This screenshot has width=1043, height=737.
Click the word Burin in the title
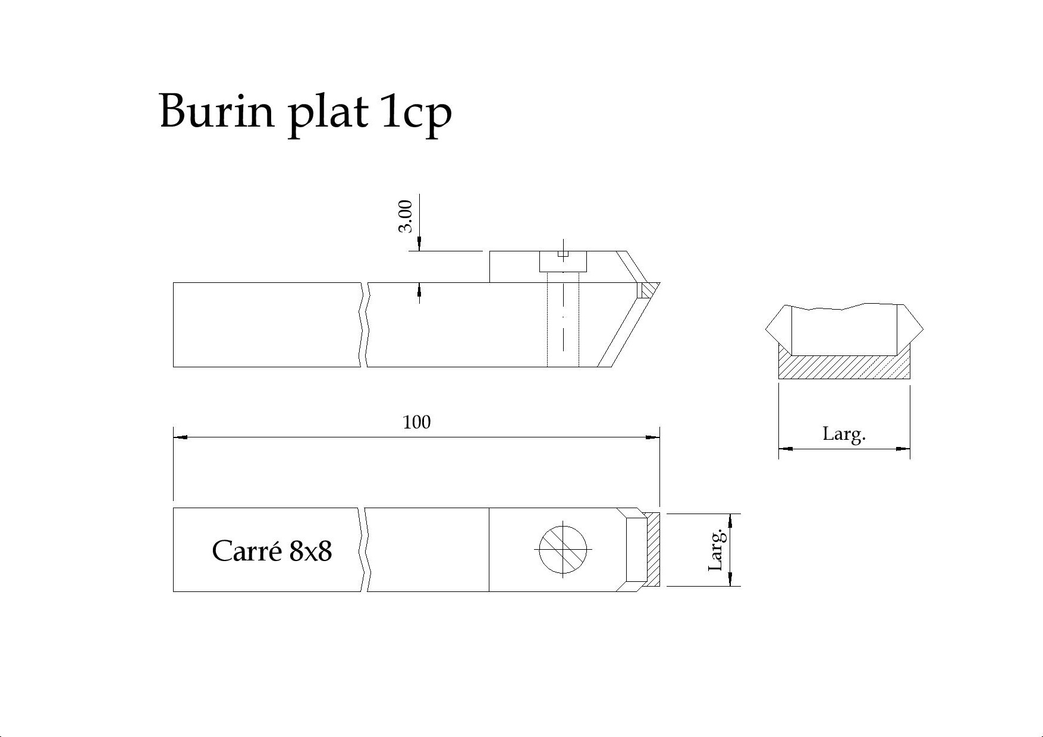(216, 111)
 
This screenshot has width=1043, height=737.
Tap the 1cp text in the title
(416, 113)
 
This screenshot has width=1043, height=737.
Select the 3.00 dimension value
(405, 216)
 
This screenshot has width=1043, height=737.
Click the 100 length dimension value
(416, 422)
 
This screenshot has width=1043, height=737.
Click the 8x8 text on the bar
(310, 552)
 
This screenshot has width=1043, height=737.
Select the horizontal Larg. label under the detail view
(844, 434)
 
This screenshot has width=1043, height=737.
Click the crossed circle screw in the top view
(563, 550)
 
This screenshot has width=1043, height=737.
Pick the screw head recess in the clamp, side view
(563, 262)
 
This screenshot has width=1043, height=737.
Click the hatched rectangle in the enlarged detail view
(844, 367)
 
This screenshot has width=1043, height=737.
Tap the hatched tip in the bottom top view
(653, 550)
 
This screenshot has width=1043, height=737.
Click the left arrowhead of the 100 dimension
(180, 437)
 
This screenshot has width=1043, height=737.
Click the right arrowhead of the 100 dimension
(653, 437)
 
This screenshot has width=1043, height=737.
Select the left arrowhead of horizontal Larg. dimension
(786, 449)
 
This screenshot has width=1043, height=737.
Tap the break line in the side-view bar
(364, 325)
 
